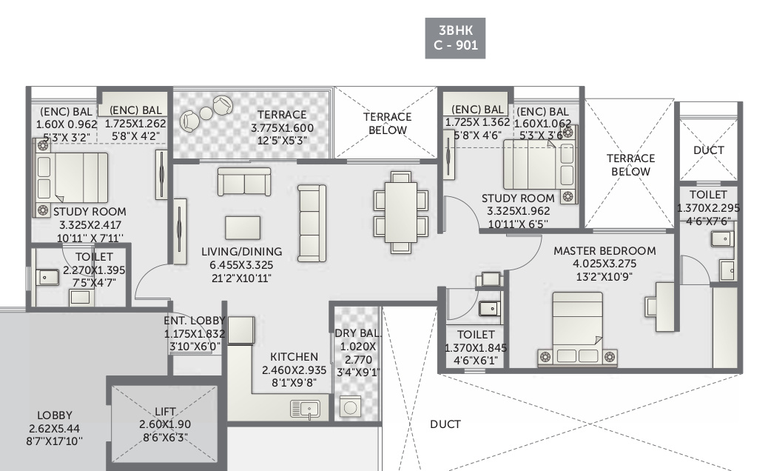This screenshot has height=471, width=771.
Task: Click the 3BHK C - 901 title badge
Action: pos(456,37)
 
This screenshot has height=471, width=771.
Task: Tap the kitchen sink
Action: pos(304,409)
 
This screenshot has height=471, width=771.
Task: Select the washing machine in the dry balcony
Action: pos(350,408)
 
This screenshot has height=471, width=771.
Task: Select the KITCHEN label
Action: pos(294,357)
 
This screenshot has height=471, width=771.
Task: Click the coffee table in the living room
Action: pos(242,227)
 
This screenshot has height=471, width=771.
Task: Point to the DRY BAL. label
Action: pos(357,333)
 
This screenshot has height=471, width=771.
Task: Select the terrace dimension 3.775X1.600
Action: pos(282,127)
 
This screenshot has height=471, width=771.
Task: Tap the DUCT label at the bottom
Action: pos(445,424)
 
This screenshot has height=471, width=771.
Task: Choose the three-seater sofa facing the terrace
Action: pos(243,181)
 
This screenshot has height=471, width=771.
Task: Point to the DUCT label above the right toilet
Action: pos(709,150)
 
